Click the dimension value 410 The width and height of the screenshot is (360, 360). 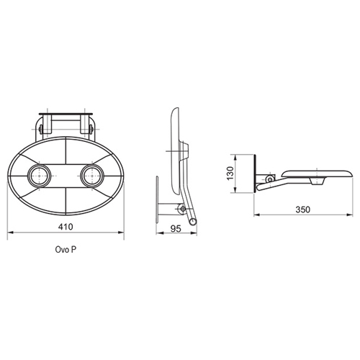click(66, 227)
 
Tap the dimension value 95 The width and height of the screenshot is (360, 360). click(176, 229)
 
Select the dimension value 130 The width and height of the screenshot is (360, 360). click(230, 174)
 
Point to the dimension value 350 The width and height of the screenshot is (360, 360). click(303, 210)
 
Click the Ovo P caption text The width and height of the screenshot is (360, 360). click(66, 250)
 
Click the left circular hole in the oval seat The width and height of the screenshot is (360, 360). click(40, 176)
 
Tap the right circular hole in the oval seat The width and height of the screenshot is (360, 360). click(92, 176)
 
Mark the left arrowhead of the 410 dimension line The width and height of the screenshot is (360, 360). click(10, 232)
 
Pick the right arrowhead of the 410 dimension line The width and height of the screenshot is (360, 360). click(121, 232)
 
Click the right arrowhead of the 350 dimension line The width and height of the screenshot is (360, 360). click(350, 215)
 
